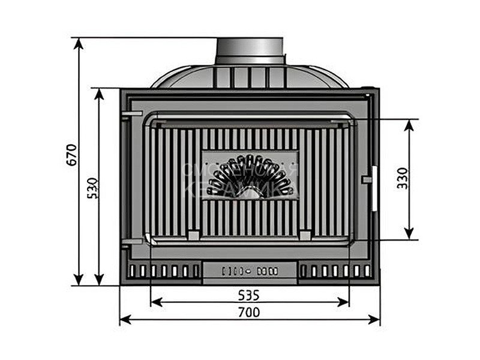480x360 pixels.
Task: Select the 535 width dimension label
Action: (248, 295)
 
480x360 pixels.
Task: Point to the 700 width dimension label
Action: (250, 313)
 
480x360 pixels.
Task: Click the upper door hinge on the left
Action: (127, 114)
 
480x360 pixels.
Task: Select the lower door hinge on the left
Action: (127, 243)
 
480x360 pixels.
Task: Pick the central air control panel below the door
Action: (250, 271)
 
